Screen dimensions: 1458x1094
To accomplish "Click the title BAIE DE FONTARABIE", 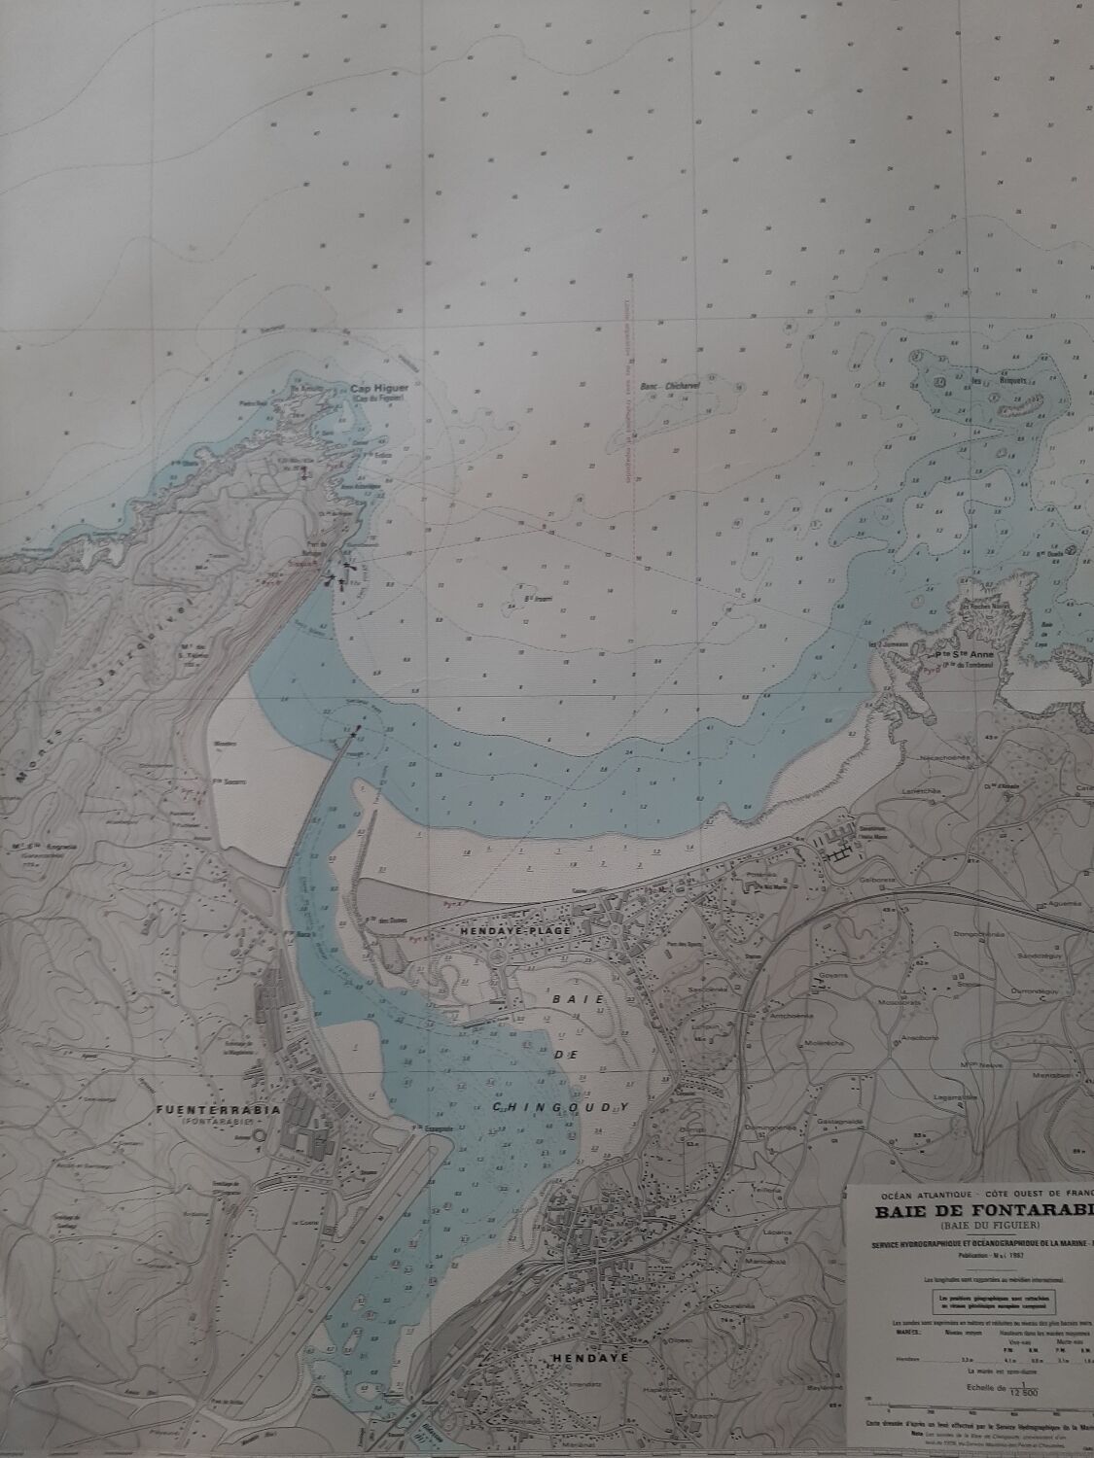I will (x=982, y=1210).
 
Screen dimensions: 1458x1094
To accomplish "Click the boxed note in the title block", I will (x=997, y=1301).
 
